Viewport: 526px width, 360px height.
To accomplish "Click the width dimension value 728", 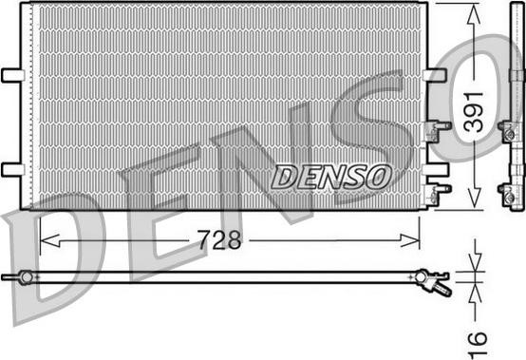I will (x=219, y=240).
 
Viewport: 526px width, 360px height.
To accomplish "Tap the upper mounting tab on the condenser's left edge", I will (x=13, y=75).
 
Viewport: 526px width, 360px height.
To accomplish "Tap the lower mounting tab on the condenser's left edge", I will (x=13, y=169).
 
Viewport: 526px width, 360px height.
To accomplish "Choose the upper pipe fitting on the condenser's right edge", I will (x=440, y=124).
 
